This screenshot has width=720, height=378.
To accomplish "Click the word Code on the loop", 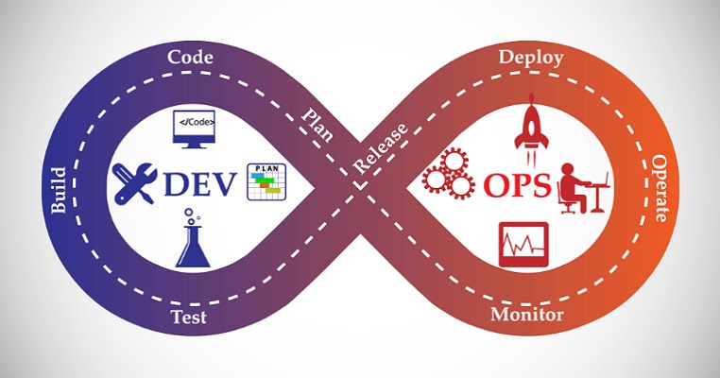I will [x=189, y=57].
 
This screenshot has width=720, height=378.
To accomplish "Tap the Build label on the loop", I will [x=59, y=190].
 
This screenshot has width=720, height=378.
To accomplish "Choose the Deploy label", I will [x=530, y=57].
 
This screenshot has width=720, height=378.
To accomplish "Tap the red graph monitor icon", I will [x=523, y=244].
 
